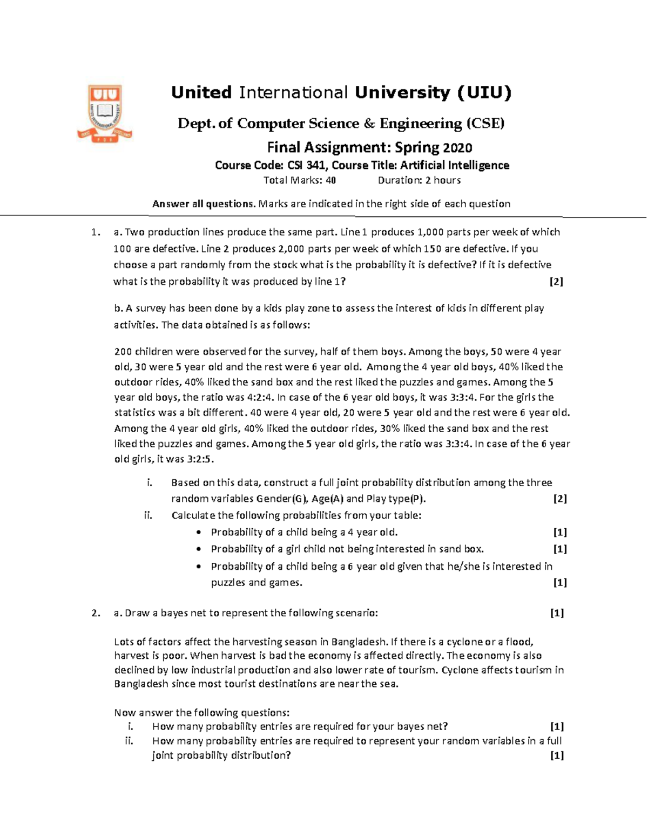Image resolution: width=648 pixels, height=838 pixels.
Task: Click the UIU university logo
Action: click(x=105, y=113)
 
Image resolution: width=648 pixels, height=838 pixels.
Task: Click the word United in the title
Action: click(x=201, y=93)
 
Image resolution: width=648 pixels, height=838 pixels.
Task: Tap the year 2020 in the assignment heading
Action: click(x=457, y=148)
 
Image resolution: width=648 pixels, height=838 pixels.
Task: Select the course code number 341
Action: click(x=316, y=165)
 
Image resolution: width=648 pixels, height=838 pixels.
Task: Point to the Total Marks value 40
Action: click(x=330, y=180)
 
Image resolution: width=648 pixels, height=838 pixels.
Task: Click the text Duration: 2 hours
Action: click(x=419, y=180)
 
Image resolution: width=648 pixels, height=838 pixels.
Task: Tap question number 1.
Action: click(x=96, y=233)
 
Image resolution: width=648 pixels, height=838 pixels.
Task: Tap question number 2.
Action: click(x=96, y=613)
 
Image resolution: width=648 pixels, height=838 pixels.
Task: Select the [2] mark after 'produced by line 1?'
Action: click(x=556, y=282)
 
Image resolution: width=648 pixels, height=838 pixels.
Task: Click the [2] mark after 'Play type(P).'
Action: click(x=559, y=499)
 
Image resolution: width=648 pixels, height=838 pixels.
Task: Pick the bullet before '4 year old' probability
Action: click(x=199, y=533)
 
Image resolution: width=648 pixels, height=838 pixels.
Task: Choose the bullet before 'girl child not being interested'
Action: click(x=199, y=549)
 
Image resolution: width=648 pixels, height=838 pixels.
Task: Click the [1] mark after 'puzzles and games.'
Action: click(x=559, y=583)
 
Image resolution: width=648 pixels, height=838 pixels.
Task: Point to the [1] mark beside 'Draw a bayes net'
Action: click(x=557, y=613)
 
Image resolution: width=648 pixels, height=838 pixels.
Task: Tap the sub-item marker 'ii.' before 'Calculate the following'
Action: click(x=148, y=515)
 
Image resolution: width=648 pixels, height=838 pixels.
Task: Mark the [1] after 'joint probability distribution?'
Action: click(x=557, y=755)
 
